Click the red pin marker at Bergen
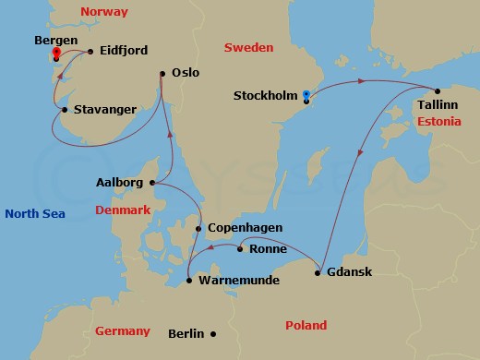(56, 53)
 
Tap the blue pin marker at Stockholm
(306, 94)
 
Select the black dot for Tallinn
(436, 90)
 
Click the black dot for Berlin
(212, 334)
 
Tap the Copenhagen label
(245, 228)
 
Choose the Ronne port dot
(240, 248)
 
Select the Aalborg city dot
(152, 183)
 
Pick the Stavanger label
(104, 111)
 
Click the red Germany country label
(124, 330)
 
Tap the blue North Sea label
(33, 214)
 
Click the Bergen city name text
(54, 42)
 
